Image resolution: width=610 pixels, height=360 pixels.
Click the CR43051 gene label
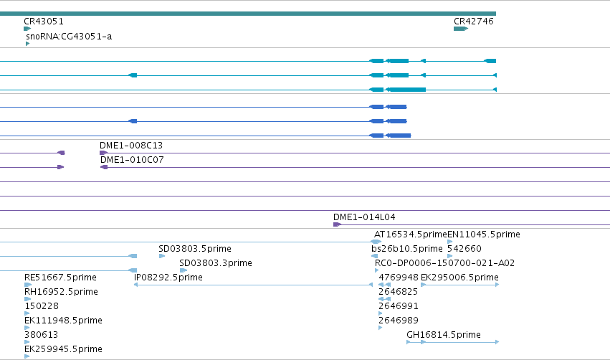pos(44,22)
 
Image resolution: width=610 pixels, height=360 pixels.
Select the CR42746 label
pos(474,22)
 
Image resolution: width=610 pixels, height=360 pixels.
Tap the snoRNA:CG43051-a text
pos(69,37)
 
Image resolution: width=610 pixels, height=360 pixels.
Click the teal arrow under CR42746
pos(461,29)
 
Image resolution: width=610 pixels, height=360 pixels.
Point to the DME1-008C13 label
pos(131,146)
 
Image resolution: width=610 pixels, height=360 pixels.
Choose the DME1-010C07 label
pos(132,160)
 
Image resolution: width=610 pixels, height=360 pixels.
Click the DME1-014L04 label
pos(364,217)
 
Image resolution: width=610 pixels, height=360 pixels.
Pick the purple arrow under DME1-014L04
pos(338,224)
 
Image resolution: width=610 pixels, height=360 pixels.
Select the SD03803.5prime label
pos(195,249)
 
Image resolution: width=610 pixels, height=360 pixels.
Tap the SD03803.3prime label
pos(216,263)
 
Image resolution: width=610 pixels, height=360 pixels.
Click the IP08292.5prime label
pos(168,278)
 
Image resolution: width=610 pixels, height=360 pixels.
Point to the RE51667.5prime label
pos(60,278)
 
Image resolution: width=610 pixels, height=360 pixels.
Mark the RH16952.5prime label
pos(61,292)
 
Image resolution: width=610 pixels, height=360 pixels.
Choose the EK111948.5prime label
pos(63,321)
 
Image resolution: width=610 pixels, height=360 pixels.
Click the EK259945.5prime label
pos(63,349)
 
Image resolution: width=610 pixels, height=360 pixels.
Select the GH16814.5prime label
pos(444,335)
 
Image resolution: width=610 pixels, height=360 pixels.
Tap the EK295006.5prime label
pos(459,278)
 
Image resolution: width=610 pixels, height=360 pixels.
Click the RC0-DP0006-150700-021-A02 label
pos(444,263)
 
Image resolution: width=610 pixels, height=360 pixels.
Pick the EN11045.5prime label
pos(484,235)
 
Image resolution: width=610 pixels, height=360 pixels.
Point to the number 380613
pos(42,335)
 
